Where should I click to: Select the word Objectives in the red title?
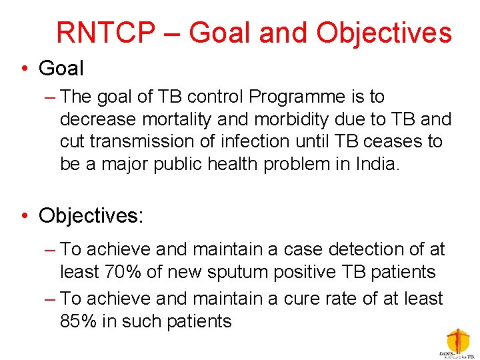tap(385, 33)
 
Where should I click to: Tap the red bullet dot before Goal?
tap(25, 69)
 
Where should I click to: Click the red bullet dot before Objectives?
tap(25, 215)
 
